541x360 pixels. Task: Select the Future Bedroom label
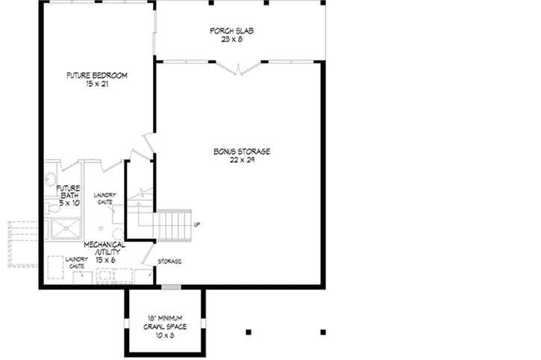tap(96, 75)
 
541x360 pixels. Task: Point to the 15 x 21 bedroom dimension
tap(96, 84)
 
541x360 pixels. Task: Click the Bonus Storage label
tap(241, 152)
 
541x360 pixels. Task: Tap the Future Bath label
tap(68, 192)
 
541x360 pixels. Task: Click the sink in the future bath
tap(49, 179)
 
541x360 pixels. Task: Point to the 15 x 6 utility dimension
tap(104, 258)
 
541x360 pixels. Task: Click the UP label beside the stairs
tap(197, 224)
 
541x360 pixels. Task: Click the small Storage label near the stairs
tap(169, 261)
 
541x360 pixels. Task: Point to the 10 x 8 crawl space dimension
tap(166, 335)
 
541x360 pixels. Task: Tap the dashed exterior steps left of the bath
tap(21, 243)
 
